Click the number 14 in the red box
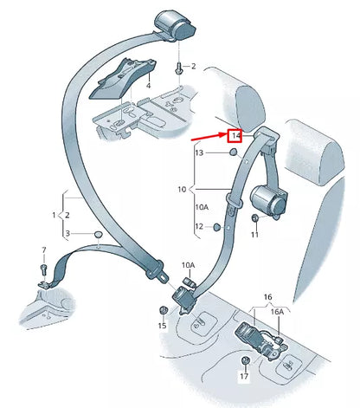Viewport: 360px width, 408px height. pyautogui.click(x=235, y=136)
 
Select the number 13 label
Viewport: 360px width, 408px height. pyautogui.click(x=198, y=152)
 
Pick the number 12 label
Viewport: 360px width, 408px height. pyautogui.click(x=198, y=228)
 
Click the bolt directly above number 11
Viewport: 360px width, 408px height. pyautogui.click(x=254, y=220)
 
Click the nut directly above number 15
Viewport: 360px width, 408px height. pyautogui.click(x=162, y=310)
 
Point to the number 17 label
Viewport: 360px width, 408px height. pyautogui.click(x=243, y=376)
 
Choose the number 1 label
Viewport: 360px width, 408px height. pyautogui.click(x=53, y=214)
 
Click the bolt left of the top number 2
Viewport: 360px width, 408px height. pyautogui.click(x=177, y=67)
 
